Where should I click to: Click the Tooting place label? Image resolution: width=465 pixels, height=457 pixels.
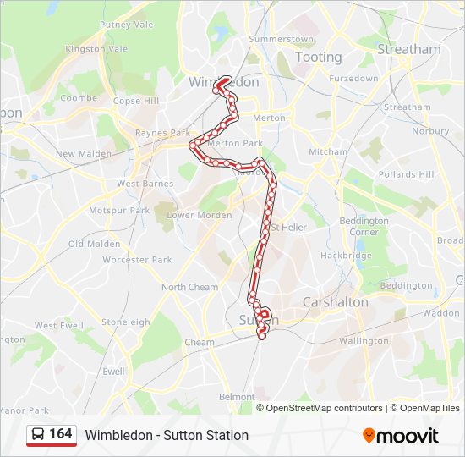click(x=318, y=58)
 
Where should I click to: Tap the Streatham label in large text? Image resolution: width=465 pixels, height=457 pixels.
click(x=409, y=49)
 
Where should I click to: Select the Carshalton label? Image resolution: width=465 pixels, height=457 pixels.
click(x=336, y=302)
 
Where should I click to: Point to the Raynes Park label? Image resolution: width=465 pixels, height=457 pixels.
click(x=163, y=133)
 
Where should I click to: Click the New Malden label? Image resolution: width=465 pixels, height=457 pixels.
click(x=77, y=154)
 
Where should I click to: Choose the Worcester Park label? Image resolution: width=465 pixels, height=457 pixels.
click(x=137, y=260)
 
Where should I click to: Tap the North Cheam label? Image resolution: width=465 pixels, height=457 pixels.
click(x=189, y=287)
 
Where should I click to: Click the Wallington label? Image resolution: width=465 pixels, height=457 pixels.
click(x=362, y=341)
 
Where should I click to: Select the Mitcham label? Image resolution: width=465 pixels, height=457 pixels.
click(x=327, y=152)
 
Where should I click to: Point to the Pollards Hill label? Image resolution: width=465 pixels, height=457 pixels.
click(x=407, y=174)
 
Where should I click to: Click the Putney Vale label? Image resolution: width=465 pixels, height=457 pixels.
click(x=127, y=25)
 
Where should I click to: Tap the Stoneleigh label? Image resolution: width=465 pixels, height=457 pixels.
click(x=125, y=322)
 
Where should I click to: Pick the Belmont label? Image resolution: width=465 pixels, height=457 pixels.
click(x=236, y=396)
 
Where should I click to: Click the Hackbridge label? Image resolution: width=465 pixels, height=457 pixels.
click(x=346, y=256)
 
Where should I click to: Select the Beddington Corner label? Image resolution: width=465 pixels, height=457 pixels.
click(x=364, y=226)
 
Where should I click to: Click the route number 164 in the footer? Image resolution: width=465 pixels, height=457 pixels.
click(x=61, y=434)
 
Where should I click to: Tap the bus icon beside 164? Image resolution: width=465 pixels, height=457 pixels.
click(x=39, y=435)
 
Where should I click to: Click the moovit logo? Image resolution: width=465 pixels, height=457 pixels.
click(x=401, y=435)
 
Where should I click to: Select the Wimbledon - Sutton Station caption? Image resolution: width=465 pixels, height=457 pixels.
click(x=167, y=435)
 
